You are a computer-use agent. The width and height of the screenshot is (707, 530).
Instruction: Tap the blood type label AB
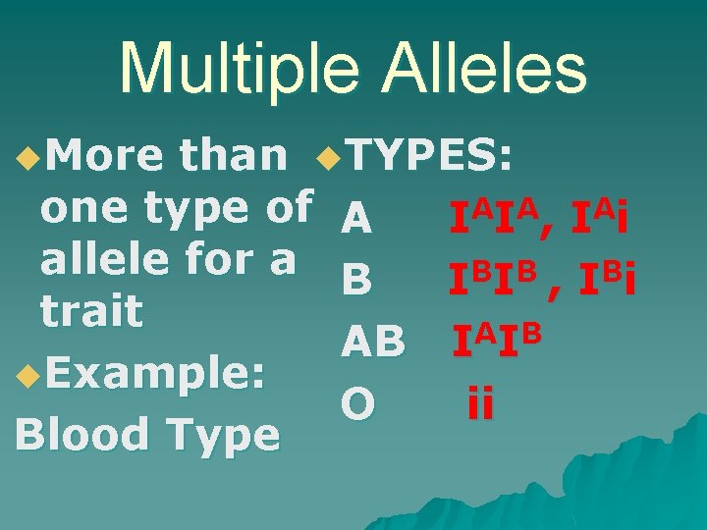tap(373, 343)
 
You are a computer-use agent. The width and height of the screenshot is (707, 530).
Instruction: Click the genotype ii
tap(481, 403)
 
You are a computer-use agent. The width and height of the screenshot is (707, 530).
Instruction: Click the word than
tap(233, 155)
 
